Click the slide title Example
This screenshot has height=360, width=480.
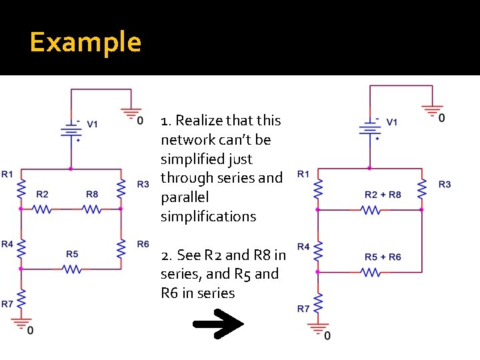tap(85, 43)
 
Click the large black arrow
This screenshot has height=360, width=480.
tap(218, 327)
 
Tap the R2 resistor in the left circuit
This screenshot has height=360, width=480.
tap(42, 209)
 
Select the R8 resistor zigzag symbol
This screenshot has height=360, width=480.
tap(92, 209)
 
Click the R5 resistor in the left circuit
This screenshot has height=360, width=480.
tap(72, 269)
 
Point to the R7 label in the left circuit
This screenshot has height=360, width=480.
tap(7, 304)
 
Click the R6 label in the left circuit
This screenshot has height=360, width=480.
tap(143, 245)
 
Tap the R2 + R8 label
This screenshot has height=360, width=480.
tap(383, 195)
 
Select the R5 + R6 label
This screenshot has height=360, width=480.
tap(383, 257)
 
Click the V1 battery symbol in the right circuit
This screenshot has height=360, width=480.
tap(369, 128)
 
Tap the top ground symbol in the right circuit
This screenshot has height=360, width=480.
tap(433, 111)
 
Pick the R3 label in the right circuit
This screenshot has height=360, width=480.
tap(444, 184)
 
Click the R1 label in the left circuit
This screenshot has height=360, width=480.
tap(7, 175)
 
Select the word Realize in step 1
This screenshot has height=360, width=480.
tap(199, 121)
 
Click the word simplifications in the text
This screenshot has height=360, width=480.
tap(208, 217)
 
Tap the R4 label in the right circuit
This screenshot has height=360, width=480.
tap(303, 247)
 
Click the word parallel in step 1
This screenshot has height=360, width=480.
tap(185, 197)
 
